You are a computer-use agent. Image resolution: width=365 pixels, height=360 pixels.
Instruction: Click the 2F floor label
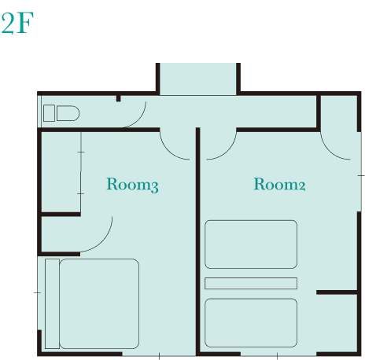(x=17, y=23)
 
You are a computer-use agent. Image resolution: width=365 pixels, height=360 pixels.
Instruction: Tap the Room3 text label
(x=132, y=185)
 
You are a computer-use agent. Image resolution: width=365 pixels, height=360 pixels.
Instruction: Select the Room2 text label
(x=279, y=184)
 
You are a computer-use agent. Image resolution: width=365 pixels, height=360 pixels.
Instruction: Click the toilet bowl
(x=68, y=113)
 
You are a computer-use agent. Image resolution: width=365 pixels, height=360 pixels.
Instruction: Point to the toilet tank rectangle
(x=49, y=113)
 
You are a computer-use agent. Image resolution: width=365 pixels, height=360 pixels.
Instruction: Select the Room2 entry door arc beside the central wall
(x=226, y=151)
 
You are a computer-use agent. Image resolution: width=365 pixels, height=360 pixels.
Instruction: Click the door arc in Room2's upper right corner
(x=330, y=151)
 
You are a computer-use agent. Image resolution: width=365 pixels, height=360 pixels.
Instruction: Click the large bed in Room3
(x=99, y=303)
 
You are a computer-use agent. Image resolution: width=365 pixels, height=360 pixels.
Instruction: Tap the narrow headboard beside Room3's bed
(x=52, y=303)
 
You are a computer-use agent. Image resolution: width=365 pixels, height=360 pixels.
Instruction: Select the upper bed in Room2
(x=251, y=244)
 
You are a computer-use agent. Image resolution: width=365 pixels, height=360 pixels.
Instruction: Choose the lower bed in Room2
(x=251, y=323)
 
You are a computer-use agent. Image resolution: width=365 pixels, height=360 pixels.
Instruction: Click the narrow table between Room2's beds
(x=251, y=283)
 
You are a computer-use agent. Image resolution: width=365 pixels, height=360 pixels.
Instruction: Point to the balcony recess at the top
(x=198, y=79)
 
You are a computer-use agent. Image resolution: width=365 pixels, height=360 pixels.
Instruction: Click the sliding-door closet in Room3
(x=61, y=172)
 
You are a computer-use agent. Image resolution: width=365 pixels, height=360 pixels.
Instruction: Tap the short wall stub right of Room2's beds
(x=337, y=292)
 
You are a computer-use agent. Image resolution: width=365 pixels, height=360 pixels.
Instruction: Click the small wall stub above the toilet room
(x=118, y=98)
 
